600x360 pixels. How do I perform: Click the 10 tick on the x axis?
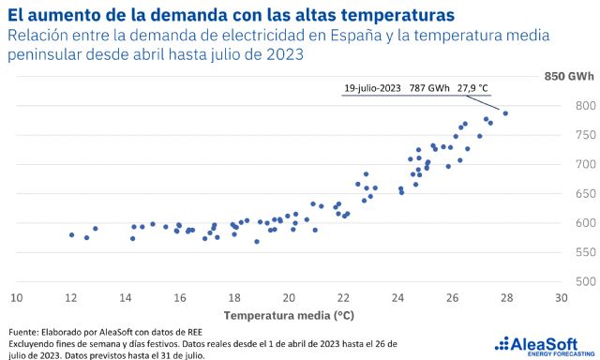tap(16, 297)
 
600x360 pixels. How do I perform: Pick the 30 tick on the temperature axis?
tap(561, 297)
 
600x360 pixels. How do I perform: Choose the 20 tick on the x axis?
tap(289, 297)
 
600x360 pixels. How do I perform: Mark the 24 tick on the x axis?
tap(397, 297)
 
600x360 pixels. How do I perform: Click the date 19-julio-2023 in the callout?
tap(371, 88)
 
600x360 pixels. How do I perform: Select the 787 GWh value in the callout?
tap(429, 88)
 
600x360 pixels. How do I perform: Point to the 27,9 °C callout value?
tap(473, 88)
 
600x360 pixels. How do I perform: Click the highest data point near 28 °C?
tap(505, 113)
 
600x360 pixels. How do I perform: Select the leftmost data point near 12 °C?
tap(71, 234)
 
